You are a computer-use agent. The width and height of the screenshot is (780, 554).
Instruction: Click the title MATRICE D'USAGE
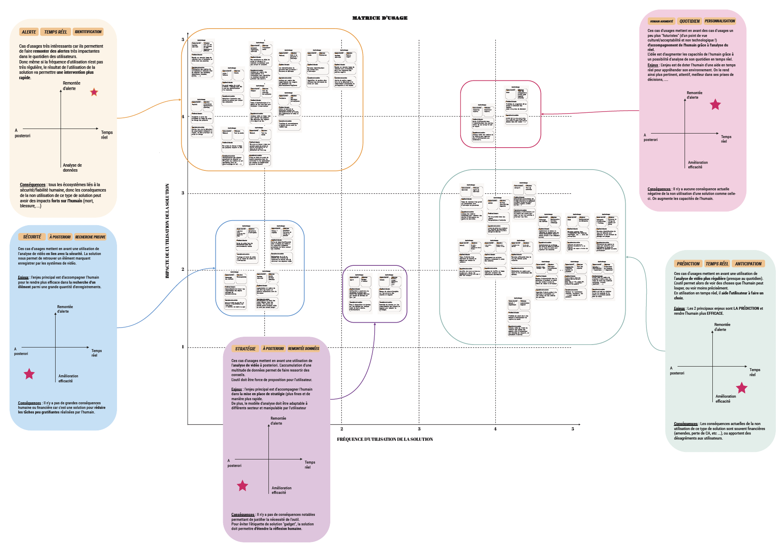tap(380, 18)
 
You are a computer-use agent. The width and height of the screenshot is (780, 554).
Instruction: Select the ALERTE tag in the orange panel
tap(29, 32)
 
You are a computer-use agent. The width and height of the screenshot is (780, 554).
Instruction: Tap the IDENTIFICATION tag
tap(88, 32)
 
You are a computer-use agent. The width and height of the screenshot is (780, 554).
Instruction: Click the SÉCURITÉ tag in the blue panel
tap(32, 237)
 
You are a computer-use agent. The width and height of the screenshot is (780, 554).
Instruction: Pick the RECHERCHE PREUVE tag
tap(90, 237)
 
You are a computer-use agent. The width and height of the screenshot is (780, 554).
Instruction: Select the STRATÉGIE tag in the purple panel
tap(245, 349)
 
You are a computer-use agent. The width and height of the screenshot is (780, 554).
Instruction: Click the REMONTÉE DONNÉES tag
tap(303, 349)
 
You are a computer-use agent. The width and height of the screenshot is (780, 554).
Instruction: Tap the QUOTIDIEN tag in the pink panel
tap(689, 21)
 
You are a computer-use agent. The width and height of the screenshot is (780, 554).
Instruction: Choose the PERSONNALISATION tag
tap(719, 21)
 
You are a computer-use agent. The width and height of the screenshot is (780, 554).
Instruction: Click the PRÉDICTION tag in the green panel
tap(688, 264)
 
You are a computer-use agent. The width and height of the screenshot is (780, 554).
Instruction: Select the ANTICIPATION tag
tap(748, 264)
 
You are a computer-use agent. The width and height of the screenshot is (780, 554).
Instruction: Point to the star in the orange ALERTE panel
tap(94, 92)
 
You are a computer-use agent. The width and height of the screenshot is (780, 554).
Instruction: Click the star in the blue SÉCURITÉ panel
tap(29, 374)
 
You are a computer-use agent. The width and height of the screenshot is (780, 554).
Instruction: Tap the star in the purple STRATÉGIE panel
tap(242, 486)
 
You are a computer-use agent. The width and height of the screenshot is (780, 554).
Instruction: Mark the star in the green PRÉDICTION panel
tap(741, 388)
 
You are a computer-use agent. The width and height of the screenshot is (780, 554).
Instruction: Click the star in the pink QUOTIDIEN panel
tap(715, 104)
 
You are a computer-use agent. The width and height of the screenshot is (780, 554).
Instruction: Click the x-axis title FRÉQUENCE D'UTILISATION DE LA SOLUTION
tap(385, 439)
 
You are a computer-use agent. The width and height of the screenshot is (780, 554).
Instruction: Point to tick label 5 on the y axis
tap(183, 40)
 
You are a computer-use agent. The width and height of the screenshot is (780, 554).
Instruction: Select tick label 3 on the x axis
tap(419, 429)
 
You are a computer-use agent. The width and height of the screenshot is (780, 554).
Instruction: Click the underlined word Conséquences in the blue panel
tap(29, 403)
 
